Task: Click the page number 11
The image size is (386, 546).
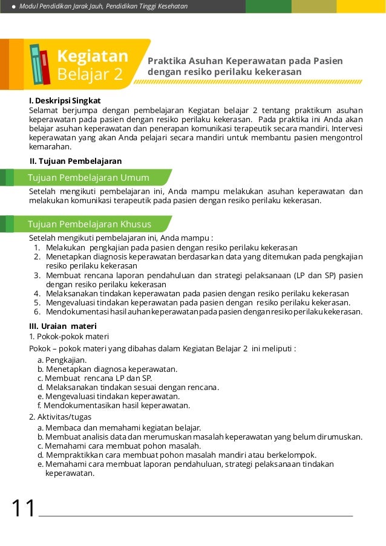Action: pyautogui.click(x=24, y=509)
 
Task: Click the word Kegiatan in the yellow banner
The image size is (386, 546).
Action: pyautogui.click(x=92, y=57)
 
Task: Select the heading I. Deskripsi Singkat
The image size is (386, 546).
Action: pyautogui.click(x=65, y=100)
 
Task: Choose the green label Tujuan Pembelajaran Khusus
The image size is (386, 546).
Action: pyautogui.click(x=90, y=224)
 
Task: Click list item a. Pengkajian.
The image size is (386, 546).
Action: pyautogui.click(x=62, y=360)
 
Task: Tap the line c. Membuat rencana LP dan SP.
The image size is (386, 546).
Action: pyautogui.click(x=94, y=378)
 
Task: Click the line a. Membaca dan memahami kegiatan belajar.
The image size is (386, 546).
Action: pyautogui.click(x=119, y=427)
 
